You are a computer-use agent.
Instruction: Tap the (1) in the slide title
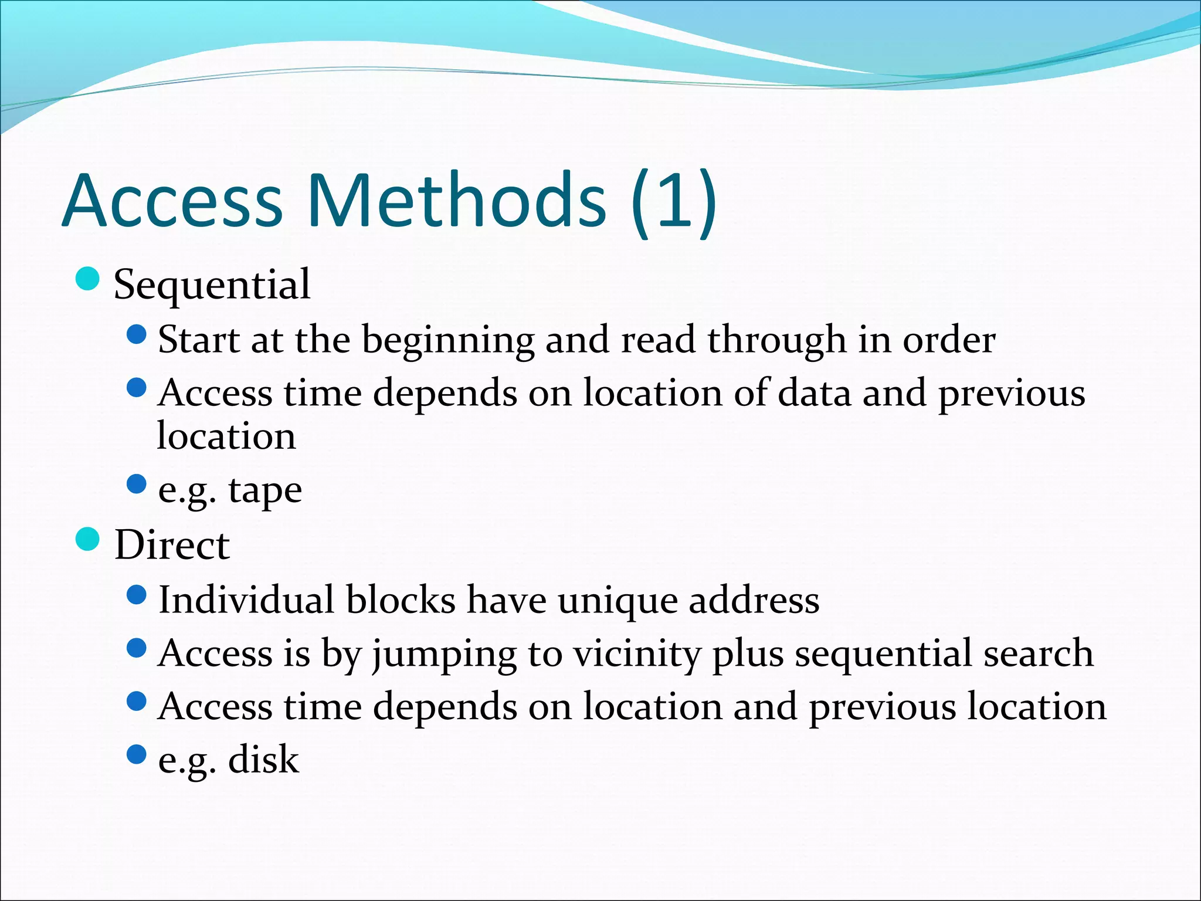[x=674, y=202]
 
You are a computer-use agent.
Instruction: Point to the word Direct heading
[x=172, y=545]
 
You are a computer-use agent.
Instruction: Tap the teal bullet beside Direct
[x=88, y=540]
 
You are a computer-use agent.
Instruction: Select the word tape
[x=265, y=492]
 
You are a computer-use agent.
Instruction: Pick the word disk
[x=263, y=760]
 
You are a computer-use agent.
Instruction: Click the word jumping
[x=445, y=655]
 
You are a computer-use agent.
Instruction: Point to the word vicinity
[x=637, y=655]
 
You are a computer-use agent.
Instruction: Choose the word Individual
[x=246, y=600]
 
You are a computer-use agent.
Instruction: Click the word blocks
[x=401, y=600]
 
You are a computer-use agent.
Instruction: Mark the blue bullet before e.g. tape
[x=136, y=485]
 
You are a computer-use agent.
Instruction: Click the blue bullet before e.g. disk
[x=136, y=754]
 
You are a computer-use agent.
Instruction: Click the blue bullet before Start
[x=136, y=335]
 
